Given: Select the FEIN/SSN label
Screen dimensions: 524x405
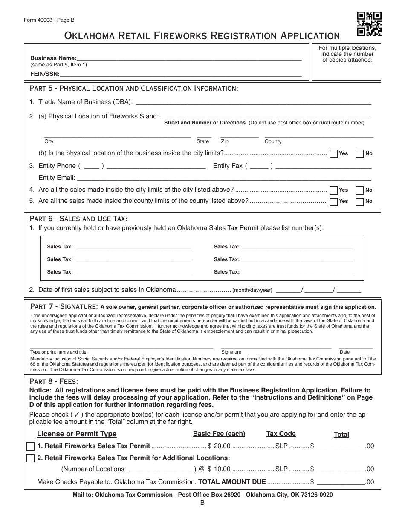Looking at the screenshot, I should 45,74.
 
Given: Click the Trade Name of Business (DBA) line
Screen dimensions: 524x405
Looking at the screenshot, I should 253,102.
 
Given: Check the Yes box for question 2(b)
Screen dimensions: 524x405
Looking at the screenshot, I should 334,154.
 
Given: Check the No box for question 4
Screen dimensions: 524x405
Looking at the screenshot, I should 359,190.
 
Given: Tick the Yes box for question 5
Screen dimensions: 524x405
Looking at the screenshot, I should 334,202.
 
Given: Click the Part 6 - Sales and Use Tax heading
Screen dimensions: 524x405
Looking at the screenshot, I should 78,219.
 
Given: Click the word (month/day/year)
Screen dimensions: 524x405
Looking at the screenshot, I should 252,290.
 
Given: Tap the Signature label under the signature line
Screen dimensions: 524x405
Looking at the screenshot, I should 231,352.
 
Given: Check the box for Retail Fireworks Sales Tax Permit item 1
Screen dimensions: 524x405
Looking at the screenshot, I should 30,446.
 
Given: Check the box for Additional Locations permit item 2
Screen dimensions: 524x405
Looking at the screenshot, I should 30,458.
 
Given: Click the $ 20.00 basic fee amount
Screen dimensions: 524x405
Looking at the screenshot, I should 219,446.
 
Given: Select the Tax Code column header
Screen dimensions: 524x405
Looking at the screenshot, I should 281,434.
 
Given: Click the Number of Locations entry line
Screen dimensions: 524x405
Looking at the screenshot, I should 160,469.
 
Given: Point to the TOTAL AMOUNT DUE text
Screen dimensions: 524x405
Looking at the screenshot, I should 232,482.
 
